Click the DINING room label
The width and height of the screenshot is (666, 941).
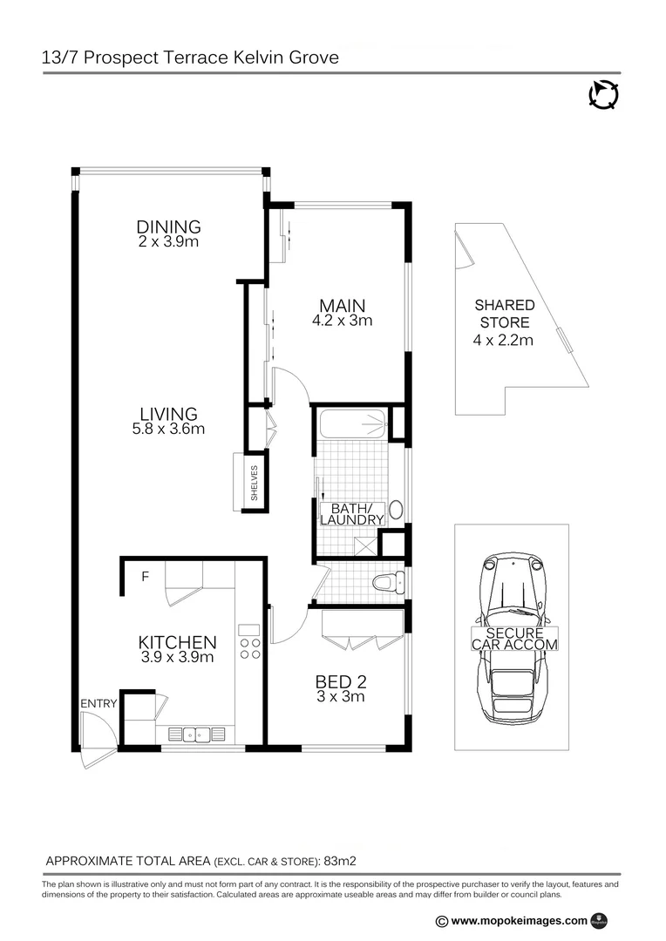pyautogui.click(x=168, y=227)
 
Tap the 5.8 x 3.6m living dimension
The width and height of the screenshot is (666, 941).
pyautogui.click(x=168, y=429)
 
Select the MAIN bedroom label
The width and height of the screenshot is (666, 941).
pyautogui.click(x=342, y=306)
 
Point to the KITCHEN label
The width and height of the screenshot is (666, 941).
pyautogui.click(x=177, y=642)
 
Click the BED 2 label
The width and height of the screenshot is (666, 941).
pyautogui.click(x=340, y=681)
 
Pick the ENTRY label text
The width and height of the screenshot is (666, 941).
pyautogui.click(x=98, y=703)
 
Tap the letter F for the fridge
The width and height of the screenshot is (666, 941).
pyautogui.click(x=145, y=576)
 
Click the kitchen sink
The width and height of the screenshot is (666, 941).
pyautogui.click(x=194, y=734)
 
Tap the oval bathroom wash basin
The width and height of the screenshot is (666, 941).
pyautogui.click(x=395, y=510)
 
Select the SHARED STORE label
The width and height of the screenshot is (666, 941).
pyautogui.click(x=504, y=314)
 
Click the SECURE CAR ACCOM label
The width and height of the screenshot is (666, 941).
pyautogui.click(x=514, y=639)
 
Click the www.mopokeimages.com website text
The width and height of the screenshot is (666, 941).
pyautogui.click(x=520, y=920)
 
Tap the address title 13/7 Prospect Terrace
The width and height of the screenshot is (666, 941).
pyautogui.click(x=190, y=58)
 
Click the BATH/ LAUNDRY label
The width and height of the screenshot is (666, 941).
pyautogui.click(x=352, y=513)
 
